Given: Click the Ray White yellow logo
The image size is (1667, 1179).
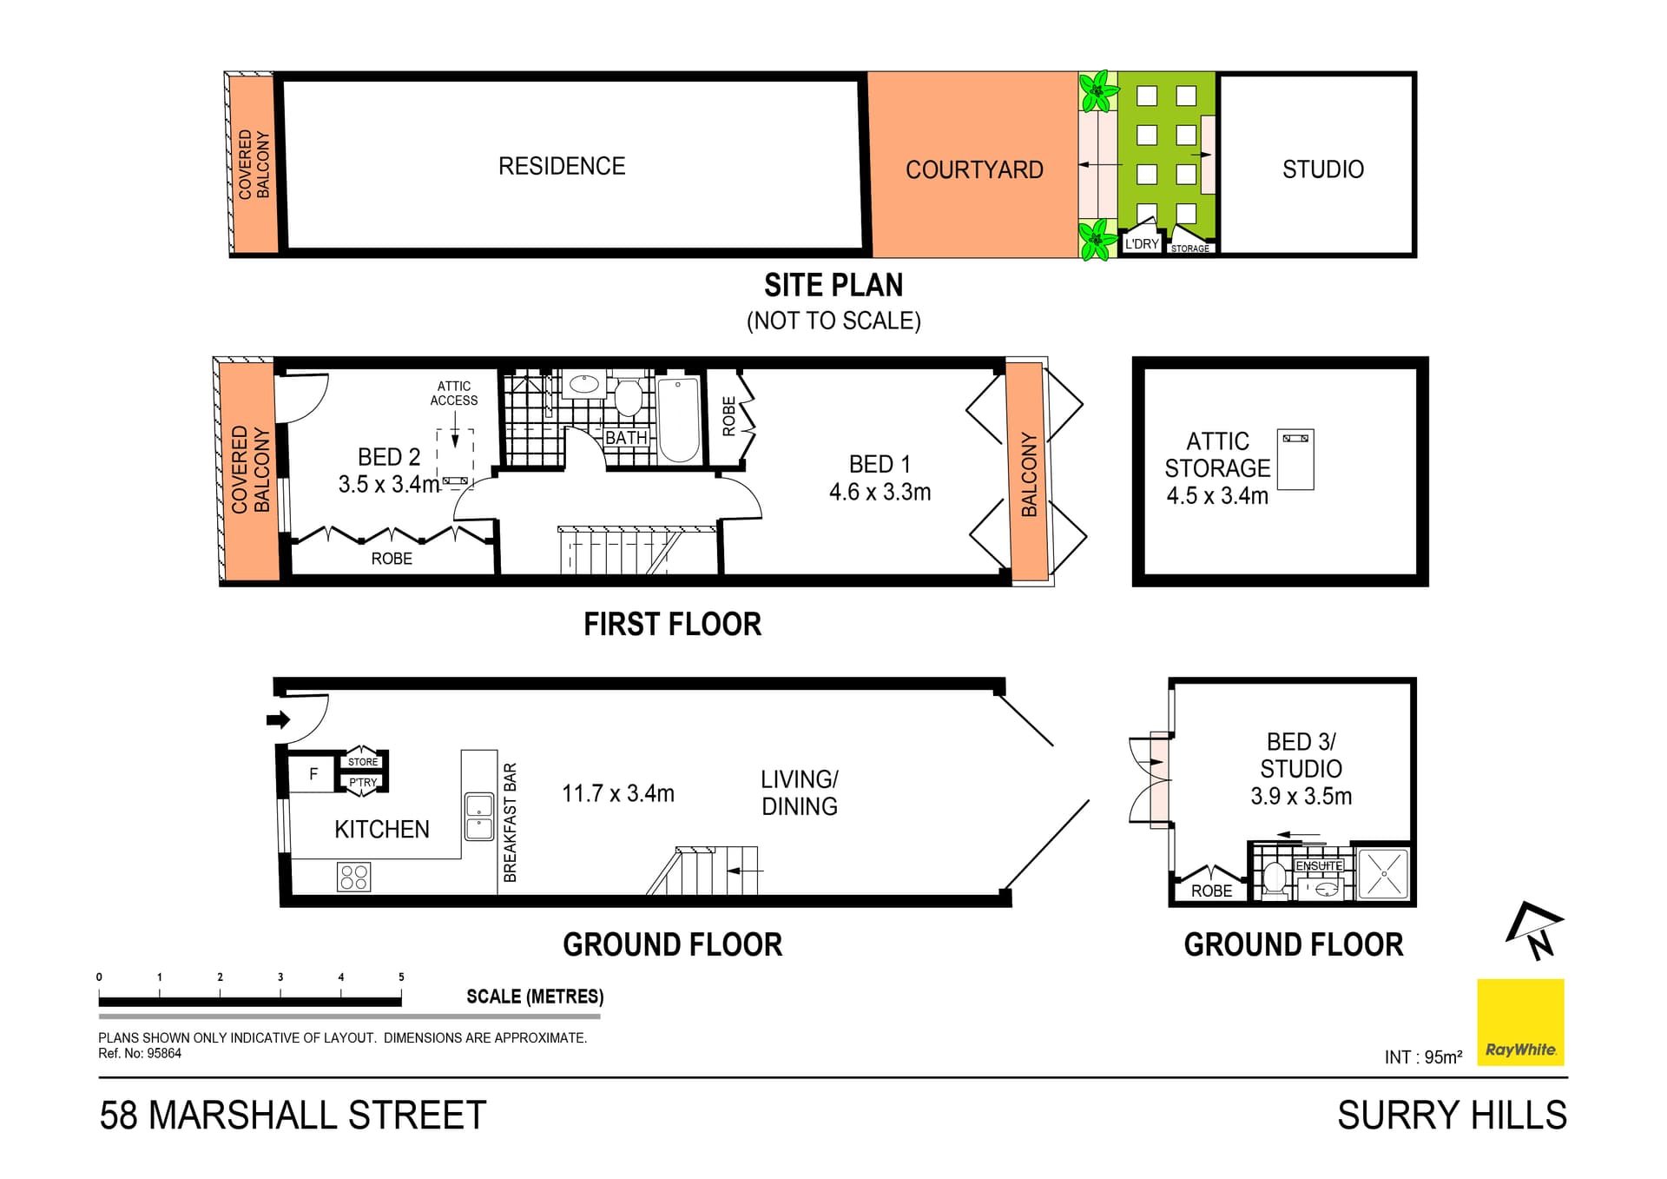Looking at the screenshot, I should tap(1520, 1022).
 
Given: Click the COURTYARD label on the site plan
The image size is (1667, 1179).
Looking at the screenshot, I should tap(974, 169).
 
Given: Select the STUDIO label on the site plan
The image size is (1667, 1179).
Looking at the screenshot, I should tap(1322, 169).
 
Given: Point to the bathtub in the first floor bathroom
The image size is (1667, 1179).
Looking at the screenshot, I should tap(678, 420).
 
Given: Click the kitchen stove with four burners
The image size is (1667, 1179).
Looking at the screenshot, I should tap(353, 877).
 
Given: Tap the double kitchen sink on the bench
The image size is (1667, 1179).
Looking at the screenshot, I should tap(479, 817).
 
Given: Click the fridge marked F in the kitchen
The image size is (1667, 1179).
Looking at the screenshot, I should tap(313, 774).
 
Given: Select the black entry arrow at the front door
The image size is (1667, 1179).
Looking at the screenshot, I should tap(278, 719).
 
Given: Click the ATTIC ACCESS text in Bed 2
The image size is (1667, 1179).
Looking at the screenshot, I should tap(454, 393).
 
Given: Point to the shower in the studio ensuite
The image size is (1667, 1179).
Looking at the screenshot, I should tap(1382, 873).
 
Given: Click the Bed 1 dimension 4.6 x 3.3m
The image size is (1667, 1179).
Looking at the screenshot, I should tap(880, 492).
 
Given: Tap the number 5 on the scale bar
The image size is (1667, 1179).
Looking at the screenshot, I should tap(401, 977).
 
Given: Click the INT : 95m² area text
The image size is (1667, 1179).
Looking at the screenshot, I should tap(1423, 1056).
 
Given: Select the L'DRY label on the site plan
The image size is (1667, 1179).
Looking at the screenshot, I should tap(1141, 244).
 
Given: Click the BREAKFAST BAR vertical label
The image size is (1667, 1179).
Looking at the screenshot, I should tap(511, 822).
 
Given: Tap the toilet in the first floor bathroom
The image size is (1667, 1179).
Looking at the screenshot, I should tap(627, 398).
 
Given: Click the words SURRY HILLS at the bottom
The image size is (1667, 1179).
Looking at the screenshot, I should tap(1452, 1115).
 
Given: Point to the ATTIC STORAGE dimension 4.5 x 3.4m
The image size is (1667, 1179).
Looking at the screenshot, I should tap(1217, 496).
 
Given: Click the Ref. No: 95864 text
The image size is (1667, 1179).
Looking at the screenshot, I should tap(140, 1053).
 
